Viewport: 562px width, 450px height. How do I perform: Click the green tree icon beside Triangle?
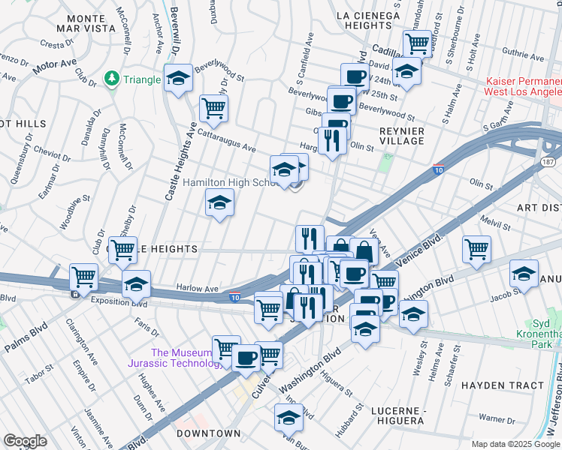[113, 79]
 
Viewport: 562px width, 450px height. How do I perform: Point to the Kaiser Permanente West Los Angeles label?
[524, 86]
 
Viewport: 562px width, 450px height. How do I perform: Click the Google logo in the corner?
[26, 441]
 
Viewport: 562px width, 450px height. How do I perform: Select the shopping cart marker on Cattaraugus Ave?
[214, 109]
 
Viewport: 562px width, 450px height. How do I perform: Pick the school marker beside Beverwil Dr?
[178, 79]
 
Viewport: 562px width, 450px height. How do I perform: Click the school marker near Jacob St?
[524, 273]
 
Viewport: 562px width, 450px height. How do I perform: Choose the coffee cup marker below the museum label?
[246, 358]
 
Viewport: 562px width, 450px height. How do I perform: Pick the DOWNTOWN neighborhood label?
[209, 433]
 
